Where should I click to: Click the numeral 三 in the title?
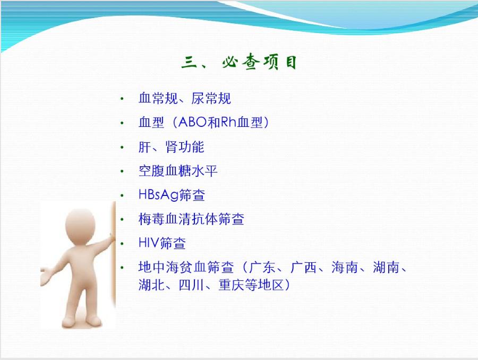coord(189,63)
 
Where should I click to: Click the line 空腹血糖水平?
coord(178,171)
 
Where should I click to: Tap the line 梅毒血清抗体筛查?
coord(191,219)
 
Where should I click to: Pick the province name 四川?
coord(191,285)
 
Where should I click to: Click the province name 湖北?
coord(151,285)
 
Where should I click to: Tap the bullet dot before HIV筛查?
coord(123,244)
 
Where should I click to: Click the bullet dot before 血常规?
coord(123,99)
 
